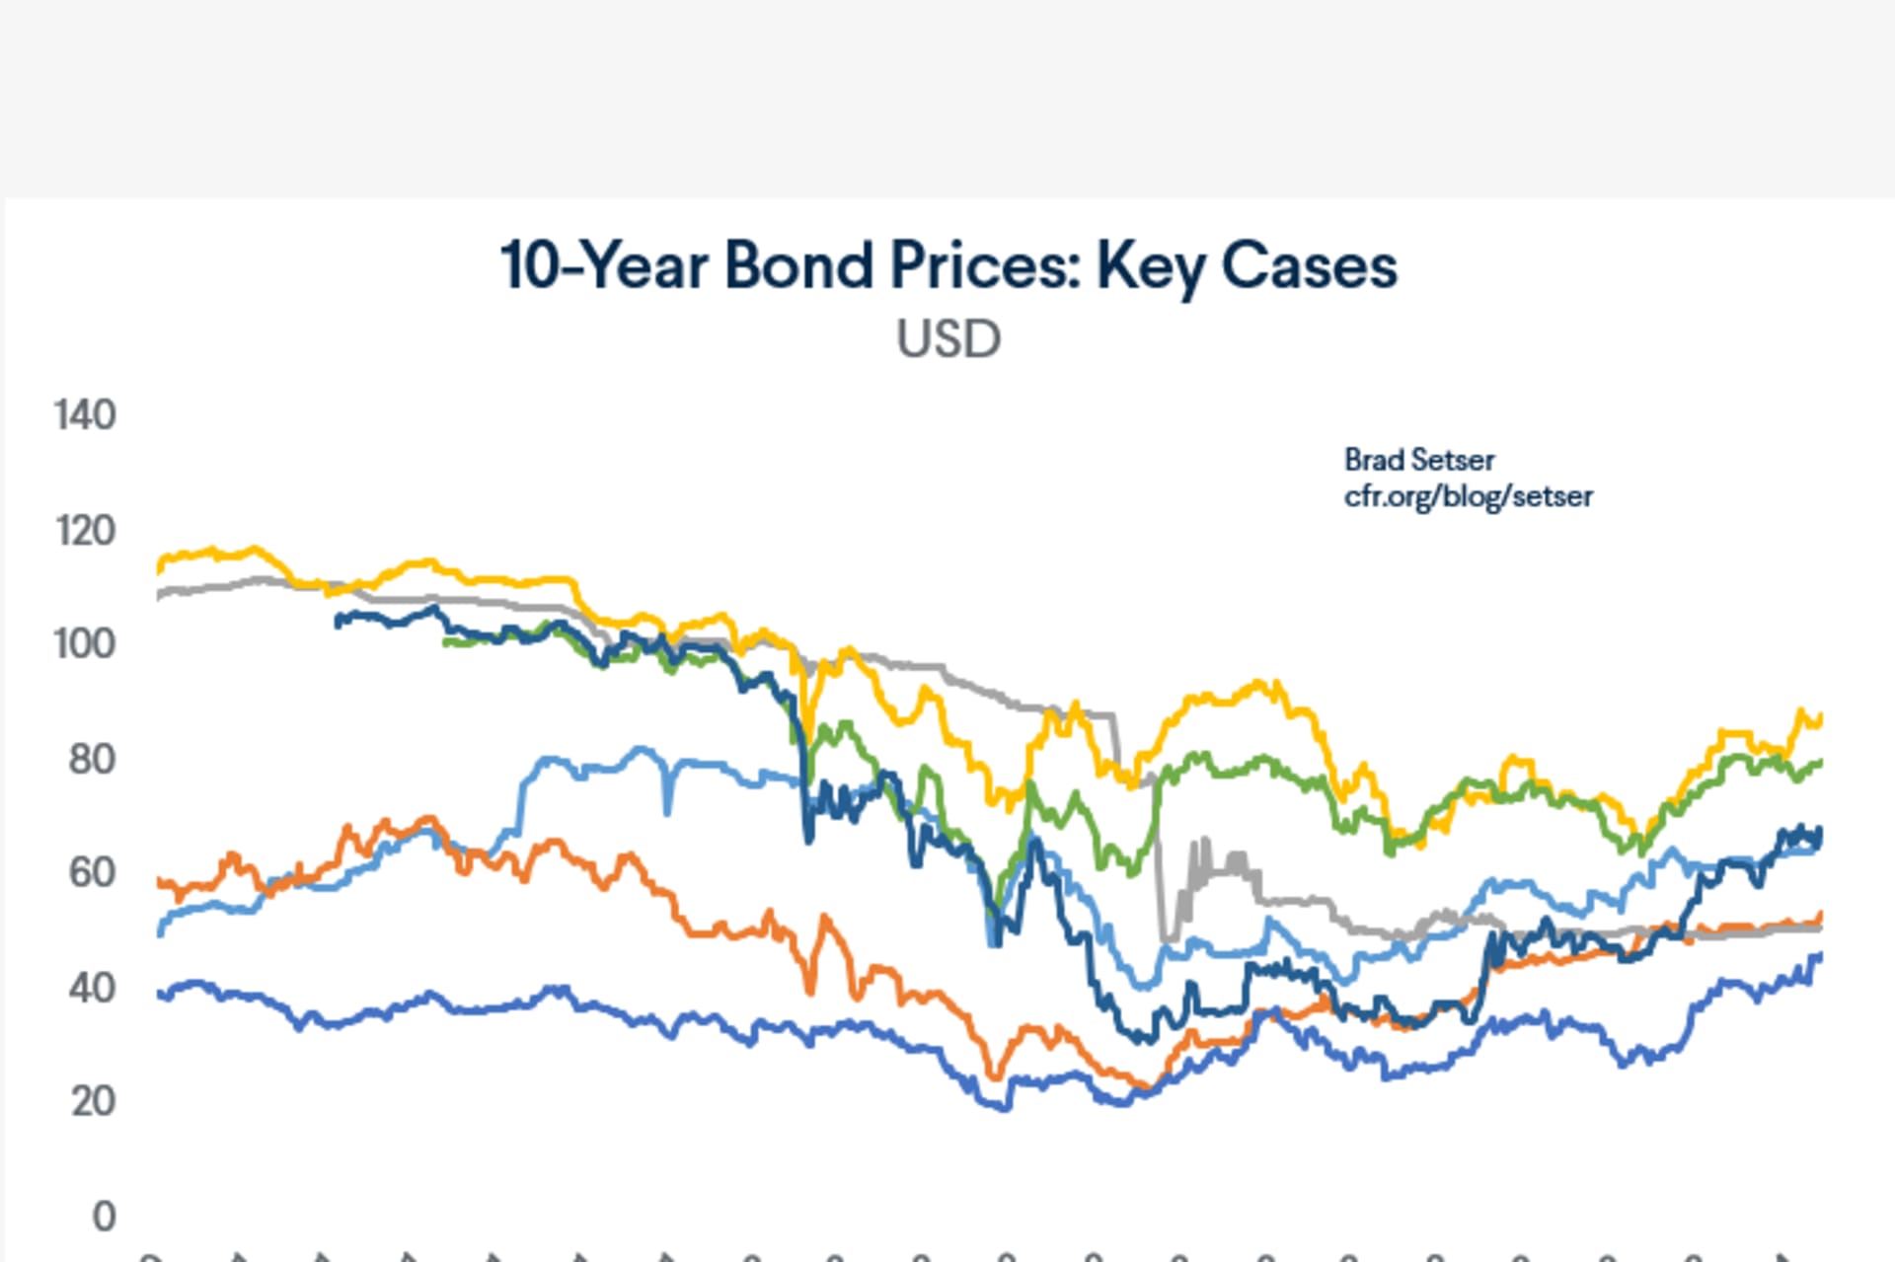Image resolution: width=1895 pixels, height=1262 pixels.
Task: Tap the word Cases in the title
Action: (x=1309, y=265)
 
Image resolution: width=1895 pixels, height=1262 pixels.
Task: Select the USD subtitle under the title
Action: (x=948, y=339)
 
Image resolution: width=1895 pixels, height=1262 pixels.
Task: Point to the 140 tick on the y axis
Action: (x=85, y=415)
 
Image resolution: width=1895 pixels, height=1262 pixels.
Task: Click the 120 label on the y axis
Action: (x=85, y=531)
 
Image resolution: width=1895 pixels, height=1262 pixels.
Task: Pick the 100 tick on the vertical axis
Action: (x=85, y=644)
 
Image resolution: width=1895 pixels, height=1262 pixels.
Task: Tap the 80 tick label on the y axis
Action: (x=92, y=760)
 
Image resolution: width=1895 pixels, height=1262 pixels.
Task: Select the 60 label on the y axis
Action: (x=92, y=873)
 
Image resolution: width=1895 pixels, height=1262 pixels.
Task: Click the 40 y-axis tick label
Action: (x=92, y=988)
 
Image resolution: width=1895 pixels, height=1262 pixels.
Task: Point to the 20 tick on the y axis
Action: (x=93, y=1101)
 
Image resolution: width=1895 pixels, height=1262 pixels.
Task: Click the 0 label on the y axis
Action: (x=104, y=1217)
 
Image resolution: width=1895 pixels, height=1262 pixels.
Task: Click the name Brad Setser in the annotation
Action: (x=1418, y=460)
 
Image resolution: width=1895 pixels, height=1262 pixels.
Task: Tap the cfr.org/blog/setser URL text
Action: (x=1468, y=495)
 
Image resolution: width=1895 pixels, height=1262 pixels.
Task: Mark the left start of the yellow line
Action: (x=161, y=566)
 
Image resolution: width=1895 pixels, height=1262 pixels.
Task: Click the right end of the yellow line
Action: (x=1820, y=719)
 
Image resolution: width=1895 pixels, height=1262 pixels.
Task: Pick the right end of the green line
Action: (x=1820, y=763)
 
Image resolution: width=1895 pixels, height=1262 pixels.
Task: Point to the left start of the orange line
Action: (x=160, y=881)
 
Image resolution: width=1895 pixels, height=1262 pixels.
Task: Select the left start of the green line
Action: (x=446, y=642)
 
